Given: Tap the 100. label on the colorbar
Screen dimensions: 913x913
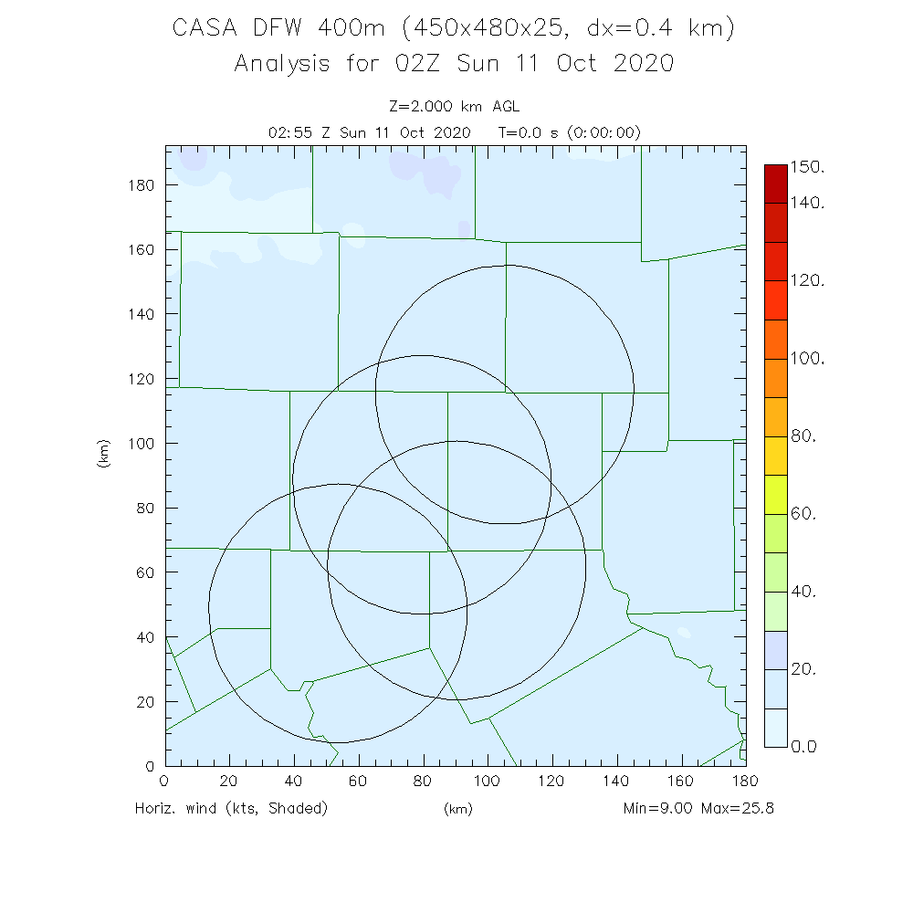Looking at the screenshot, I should [807, 359].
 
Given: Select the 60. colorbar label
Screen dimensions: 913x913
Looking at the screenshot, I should [803, 514].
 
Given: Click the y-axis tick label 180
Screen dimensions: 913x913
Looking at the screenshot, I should [142, 184].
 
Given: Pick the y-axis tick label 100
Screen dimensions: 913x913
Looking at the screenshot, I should [142, 443].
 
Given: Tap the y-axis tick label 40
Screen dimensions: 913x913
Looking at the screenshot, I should [145, 636].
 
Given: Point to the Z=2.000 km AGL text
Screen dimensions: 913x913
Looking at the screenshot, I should [454, 107].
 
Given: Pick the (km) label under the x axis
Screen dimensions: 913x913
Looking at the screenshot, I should [457, 809].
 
